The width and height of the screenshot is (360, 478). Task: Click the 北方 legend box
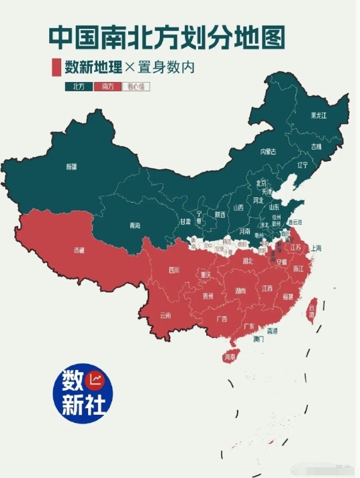tap(79, 87)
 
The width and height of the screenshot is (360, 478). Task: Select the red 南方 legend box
tap(107, 87)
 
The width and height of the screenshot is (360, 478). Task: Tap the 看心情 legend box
tap(135, 87)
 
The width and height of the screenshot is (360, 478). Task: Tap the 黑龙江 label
tap(318, 115)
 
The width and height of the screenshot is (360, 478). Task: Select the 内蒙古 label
tap(269, 152)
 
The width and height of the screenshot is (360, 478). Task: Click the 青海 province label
tap(135, 226)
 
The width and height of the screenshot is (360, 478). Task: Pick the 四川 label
tap(174, 271)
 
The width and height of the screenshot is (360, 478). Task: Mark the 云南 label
tap(165, 315)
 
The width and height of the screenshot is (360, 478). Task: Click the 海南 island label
tap(230, 356)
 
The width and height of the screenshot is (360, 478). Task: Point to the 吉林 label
tap(316, 146)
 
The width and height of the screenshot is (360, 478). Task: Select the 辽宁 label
tap(302, 164)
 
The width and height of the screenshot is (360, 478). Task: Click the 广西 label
tap(221, 318)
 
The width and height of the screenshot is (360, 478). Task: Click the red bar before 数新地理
tap(56, 68)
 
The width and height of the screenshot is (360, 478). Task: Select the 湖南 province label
tap(240, 291)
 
